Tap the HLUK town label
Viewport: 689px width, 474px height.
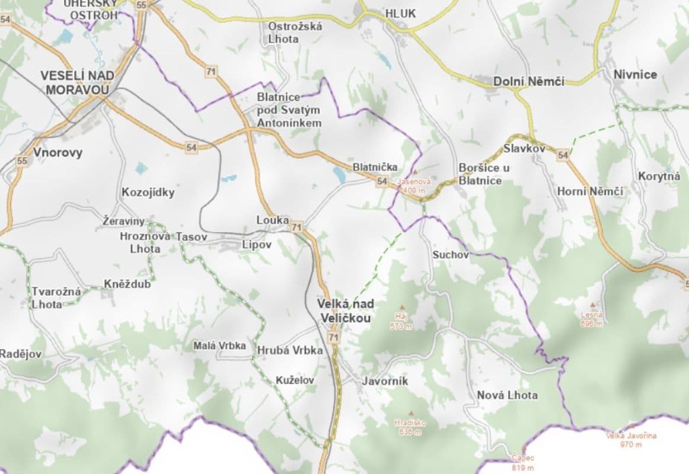pyautogui.click(x=400, y=13)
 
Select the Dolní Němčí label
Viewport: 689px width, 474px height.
pyautogui.click(x=529, y=81)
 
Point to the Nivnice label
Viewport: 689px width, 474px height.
pyautogui.click(x=635, y=75)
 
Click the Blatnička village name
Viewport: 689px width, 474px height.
pyautogui.click(x=375, y=167)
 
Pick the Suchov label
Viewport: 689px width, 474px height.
pyautogui.click(x=451, y=255)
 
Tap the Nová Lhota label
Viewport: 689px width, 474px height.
pyautogui.click(x=507, y=395)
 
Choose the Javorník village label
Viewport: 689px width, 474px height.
pyautogui.click(x=385, y=382)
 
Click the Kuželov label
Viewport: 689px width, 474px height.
pyautogui.click(x=295, y=380)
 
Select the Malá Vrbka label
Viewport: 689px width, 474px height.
pyautogui.click(x=219, y=347)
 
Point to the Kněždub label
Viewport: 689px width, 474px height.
pyautogui.click(x=127, y=284)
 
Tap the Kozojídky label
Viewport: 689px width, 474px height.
pyautogui.click(x=148, y=192)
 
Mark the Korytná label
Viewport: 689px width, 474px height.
pyautogui.click(x=659, y=176)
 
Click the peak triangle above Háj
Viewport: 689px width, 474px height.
pyautogui.click(x=401, y=308)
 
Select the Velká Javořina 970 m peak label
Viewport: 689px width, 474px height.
pyautogui.click(x=631, y=439)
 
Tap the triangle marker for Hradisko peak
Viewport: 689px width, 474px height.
pyautogui.click(x=410, y=413)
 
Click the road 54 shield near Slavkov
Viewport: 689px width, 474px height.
pyautogui.click(x=563, y=155)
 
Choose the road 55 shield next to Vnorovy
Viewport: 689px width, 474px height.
pyautogui.click(x=22, y=161)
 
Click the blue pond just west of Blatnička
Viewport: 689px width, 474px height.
pyautogui.click(x=339, y=174)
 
